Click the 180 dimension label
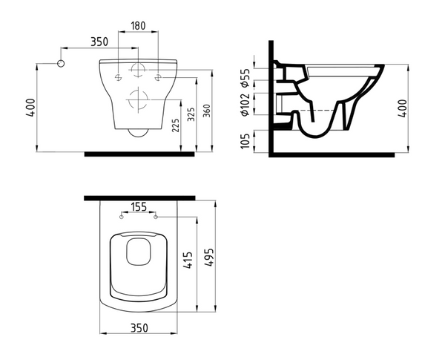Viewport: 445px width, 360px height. click(138, 25)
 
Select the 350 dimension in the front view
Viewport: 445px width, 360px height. click(99, 42)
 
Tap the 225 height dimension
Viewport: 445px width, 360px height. click(176, 125)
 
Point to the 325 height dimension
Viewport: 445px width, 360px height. click(191, 114)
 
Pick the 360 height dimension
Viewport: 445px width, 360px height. click(207, 111)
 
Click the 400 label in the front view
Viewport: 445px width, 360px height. click(30, 108)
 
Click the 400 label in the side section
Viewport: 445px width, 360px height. click(402, 108)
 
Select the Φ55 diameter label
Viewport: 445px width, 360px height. click(245, 78)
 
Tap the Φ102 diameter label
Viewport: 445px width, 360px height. click(245, 105)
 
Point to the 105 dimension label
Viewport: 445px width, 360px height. click(245, 141)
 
